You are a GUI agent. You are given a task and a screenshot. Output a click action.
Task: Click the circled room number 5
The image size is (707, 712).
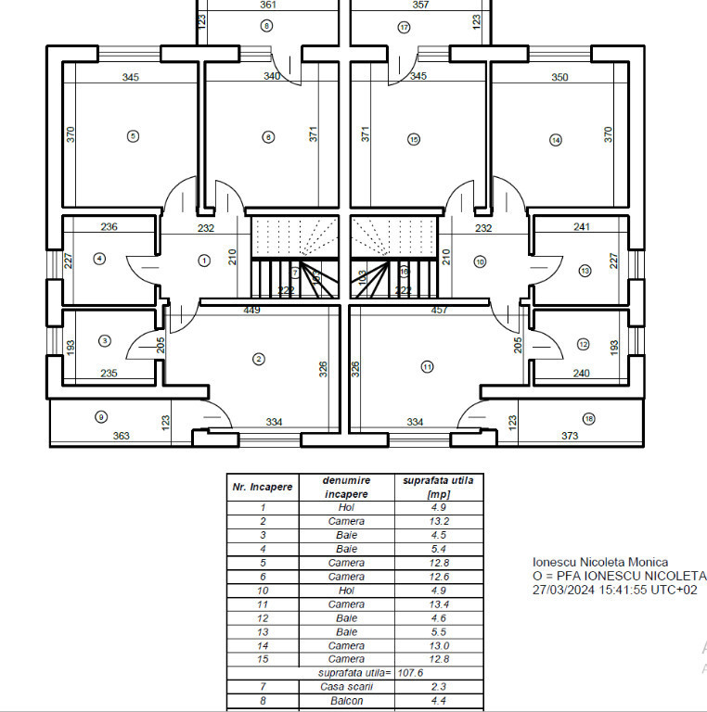pyautogui.click(x=134, y=136)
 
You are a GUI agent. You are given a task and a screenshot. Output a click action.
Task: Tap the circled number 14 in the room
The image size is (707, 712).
pyautogui.click(x=556, y=140)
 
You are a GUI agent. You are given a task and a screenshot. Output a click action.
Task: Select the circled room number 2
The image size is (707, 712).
pyautogui.click(x=259, y=358)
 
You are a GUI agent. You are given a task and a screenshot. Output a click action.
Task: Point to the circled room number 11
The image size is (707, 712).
pyautogui.click(x=427, y=366)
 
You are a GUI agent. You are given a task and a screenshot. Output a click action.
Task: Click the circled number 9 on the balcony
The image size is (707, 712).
pyautogui.click(x=101, y=416)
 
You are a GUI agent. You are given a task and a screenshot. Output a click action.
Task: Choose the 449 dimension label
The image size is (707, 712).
pyautogui.click(x=251, y=311)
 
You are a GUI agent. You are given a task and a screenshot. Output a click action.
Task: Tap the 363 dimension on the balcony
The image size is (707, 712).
pyautogui.click(x=121, y=436)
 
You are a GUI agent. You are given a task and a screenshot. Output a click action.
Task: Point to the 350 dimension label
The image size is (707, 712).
pyautogui.click(x=559, y=78)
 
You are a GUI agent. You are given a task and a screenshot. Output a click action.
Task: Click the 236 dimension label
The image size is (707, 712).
pyautogui.click(x=109, y=227)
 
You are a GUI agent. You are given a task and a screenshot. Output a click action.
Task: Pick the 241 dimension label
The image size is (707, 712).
pyautogui.click(x=582, y=227)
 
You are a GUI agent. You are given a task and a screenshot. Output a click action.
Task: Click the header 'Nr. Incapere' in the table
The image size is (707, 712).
pyautogui.click(x=263, y=487)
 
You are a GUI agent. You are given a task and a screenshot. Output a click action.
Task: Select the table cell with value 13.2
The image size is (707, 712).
pyautogui.click(x=439, y=521)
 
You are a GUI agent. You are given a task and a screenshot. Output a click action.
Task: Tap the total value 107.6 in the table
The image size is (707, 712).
pyautogui.click(x=410, y=673)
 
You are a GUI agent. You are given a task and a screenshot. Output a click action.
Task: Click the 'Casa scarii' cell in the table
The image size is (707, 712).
pyautogui.click(x=346, y=687)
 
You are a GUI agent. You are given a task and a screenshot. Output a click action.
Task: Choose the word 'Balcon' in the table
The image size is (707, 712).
pyautogui.click(x=346, y=701)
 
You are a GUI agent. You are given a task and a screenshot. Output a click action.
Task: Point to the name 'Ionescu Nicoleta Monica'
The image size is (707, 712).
pyautogui.click(x=599, y=562)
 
